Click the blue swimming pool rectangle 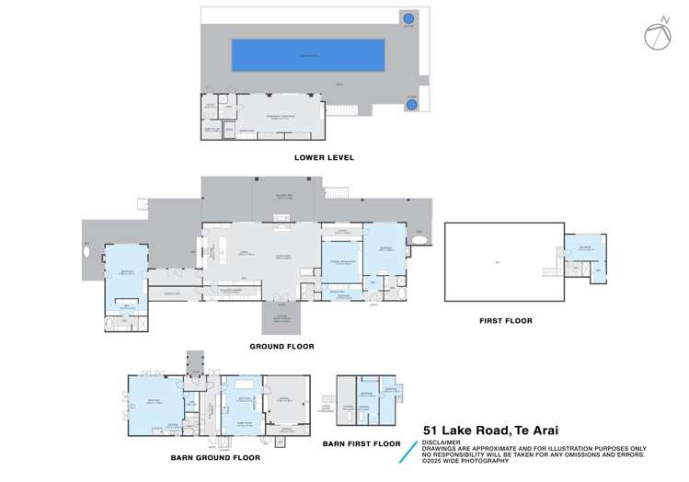(x=308, y=54)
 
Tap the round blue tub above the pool (x=408, y=18)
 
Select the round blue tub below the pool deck (x=411, y=104)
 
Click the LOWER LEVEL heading (x=324, y=157)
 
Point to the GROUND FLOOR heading (x=281, y=347)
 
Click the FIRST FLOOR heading (x=505, y=321)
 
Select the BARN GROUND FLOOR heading (x=215, y=456)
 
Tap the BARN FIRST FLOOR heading (x=362, y=443)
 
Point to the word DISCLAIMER (x=443, y=441)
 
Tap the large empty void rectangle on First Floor (x=503, y=263)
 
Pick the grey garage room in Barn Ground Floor (x=287, y=400)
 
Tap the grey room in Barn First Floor (x=349, y=407)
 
